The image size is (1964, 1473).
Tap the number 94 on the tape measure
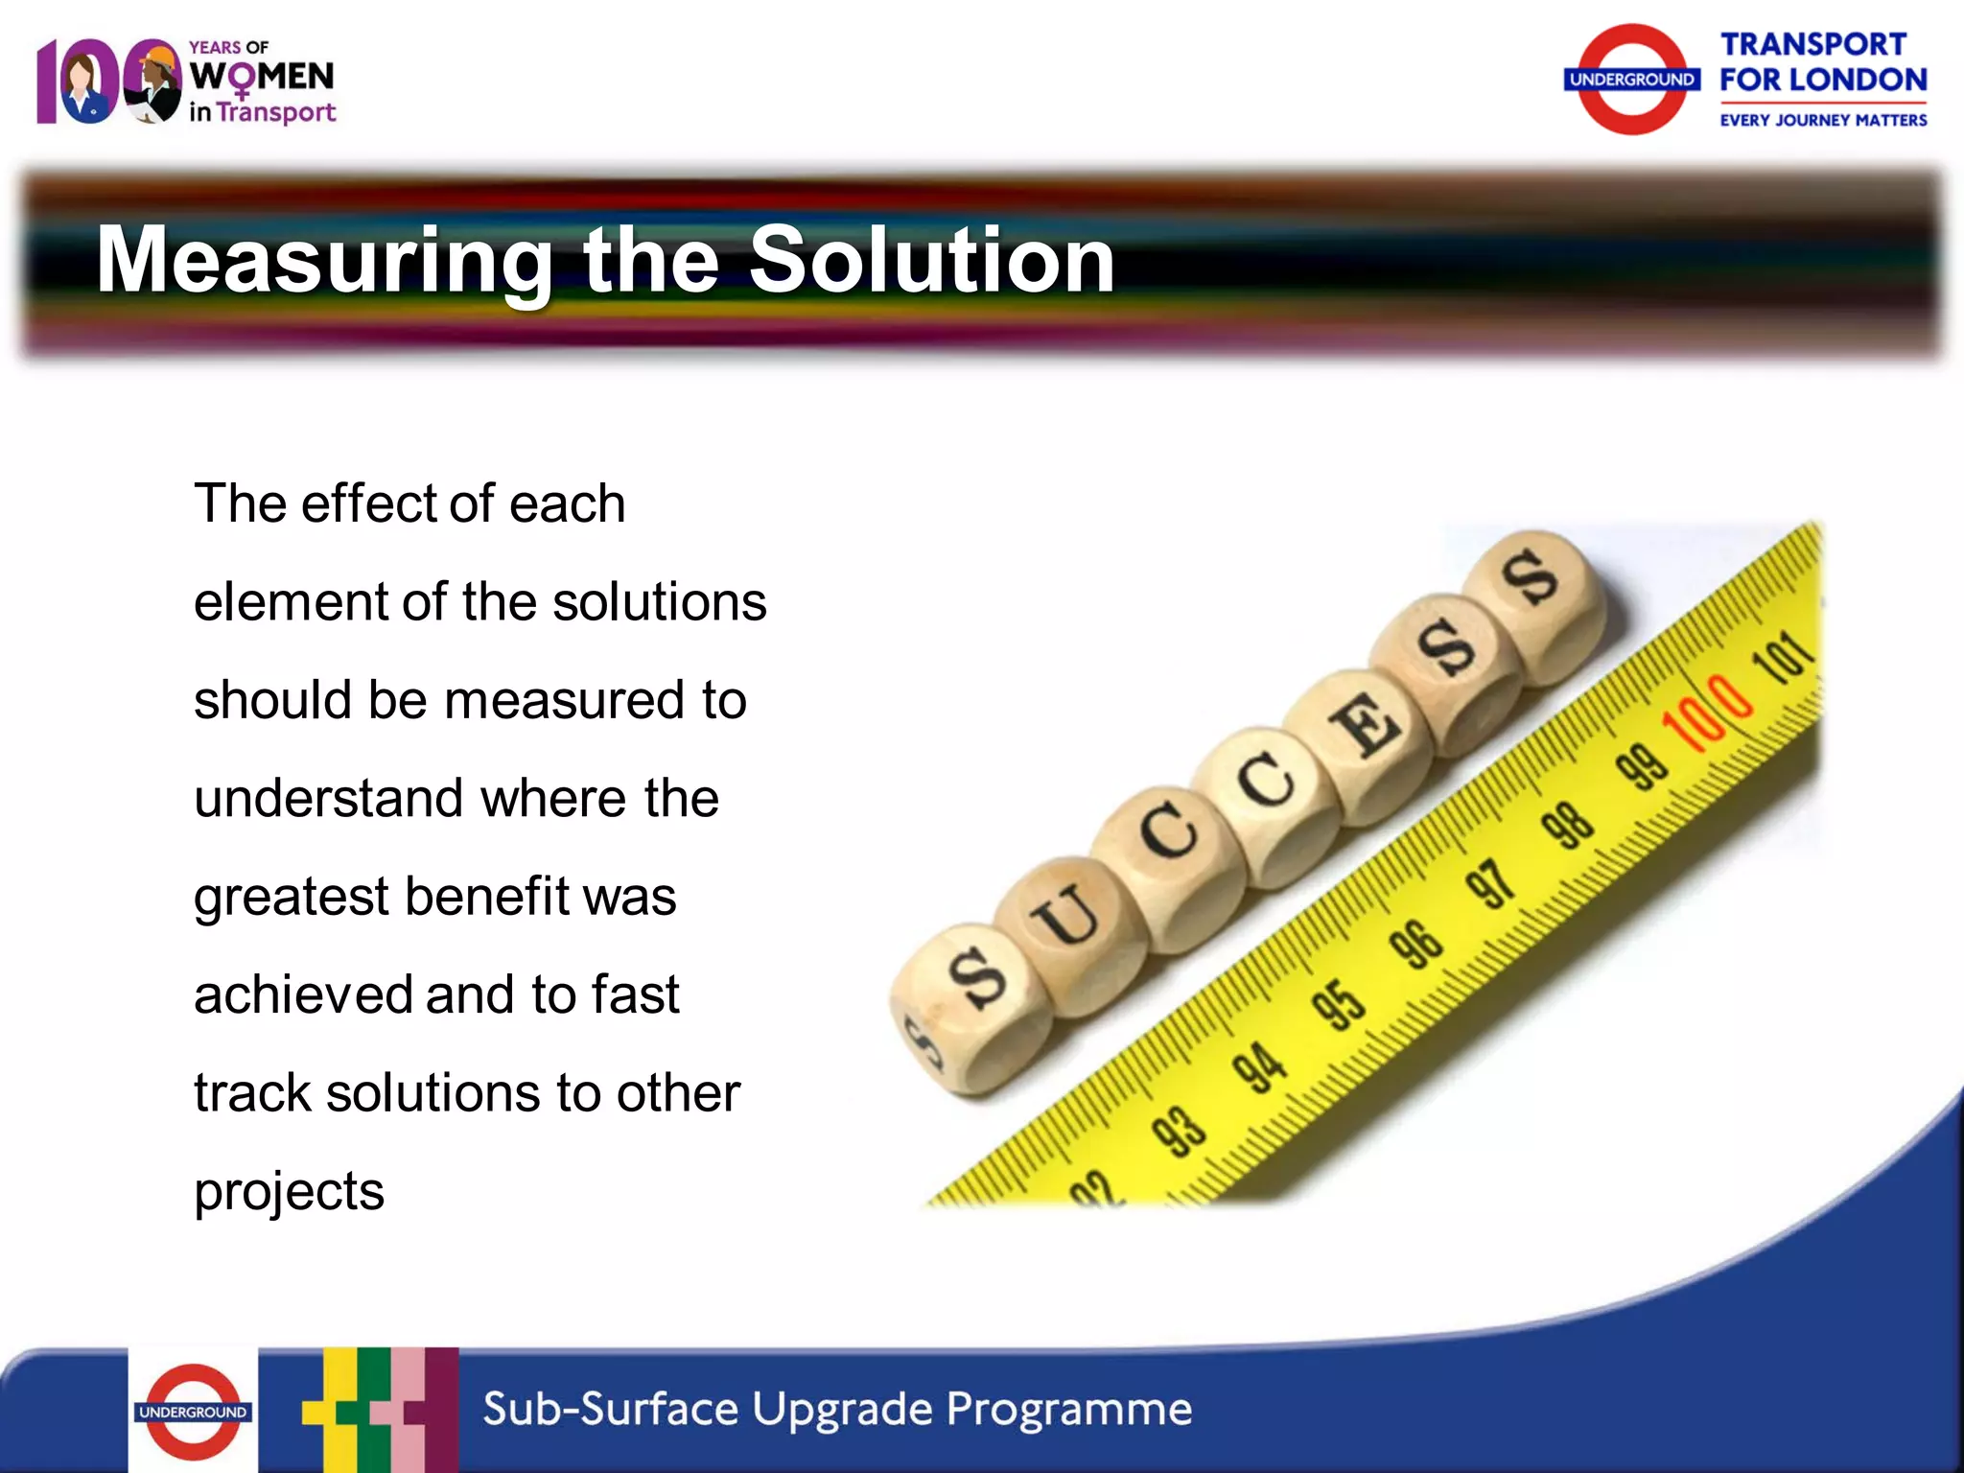point(1259,1066)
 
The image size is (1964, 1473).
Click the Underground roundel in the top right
point(1631,80)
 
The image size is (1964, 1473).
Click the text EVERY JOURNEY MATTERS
point(1823,121)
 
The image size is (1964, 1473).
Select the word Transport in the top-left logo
point(276,112)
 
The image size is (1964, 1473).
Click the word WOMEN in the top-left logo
point(262,77)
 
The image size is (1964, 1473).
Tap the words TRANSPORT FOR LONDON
point(1822,62)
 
